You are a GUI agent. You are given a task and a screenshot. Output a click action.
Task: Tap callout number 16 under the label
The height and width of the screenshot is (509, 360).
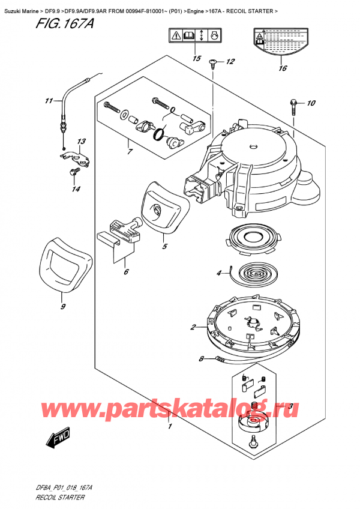pos(282,68)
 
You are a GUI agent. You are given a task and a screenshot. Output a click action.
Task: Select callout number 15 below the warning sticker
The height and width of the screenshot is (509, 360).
pos(196,58)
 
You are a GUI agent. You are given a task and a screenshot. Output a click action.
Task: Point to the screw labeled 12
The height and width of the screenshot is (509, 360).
pos(213,63)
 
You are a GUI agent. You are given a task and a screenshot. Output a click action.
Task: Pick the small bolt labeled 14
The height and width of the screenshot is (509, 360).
pos(73,172)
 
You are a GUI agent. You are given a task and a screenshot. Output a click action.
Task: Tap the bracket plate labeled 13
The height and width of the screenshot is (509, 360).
pos(75,157)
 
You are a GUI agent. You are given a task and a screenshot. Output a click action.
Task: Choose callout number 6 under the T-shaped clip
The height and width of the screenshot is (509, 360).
pos(125,272)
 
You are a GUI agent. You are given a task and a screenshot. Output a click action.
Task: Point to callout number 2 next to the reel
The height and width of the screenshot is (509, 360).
pos(193,327)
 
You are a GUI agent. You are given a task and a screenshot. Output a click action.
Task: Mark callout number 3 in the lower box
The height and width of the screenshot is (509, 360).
pos(290,406)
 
